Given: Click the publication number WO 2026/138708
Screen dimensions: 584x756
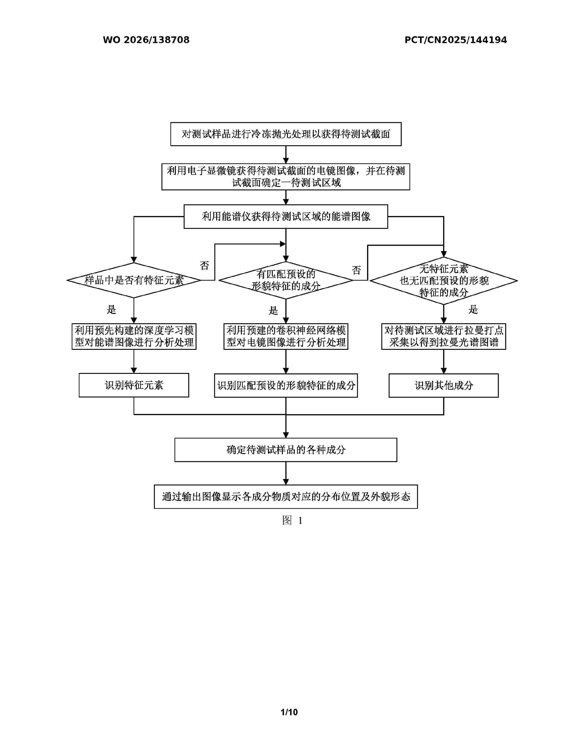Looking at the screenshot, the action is point(146,40).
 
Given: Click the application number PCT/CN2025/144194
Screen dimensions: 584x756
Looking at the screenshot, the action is point(456,40).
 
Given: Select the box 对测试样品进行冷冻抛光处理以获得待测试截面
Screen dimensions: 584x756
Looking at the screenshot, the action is point(286,134).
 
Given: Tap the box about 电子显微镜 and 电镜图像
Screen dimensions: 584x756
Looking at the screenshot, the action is point(286,177).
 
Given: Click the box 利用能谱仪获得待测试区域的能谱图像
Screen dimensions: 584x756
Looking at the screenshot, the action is point(286,217).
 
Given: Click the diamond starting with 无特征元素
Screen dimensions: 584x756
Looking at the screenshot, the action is point(444,280).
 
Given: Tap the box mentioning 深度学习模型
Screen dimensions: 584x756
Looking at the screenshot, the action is point(134,337).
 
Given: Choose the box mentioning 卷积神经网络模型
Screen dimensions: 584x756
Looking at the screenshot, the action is point(286,337).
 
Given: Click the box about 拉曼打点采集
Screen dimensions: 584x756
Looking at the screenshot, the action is point(444,337).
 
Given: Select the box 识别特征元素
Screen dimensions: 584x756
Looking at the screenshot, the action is point(134,385).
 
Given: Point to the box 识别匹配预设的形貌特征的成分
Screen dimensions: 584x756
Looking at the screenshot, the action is point(286,386).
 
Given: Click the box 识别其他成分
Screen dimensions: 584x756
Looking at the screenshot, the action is point(444,386).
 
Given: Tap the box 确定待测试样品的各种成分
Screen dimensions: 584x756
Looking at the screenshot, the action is point(286,450).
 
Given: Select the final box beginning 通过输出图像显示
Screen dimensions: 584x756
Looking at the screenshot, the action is point(286,497).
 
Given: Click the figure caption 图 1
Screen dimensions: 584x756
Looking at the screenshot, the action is point(292,520).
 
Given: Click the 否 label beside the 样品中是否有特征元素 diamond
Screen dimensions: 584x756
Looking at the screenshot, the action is point(205,266).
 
